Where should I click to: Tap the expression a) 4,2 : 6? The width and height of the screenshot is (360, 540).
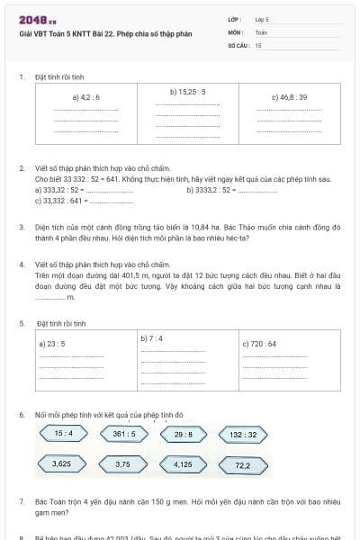86,96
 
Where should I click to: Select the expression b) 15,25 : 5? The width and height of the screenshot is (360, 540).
188,92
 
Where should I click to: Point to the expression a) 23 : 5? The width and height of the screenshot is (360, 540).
55,344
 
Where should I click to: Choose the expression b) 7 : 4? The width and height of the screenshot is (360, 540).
151,338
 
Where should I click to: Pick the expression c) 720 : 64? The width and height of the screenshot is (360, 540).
259,344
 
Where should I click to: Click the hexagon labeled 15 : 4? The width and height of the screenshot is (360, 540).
64,434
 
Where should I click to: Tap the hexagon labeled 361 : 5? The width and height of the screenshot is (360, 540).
124,434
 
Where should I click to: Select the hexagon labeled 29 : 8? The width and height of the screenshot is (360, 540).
184,434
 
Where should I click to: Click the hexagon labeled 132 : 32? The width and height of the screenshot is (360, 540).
243,434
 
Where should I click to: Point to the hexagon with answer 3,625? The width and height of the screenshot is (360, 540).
62,464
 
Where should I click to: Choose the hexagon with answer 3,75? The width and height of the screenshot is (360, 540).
123,464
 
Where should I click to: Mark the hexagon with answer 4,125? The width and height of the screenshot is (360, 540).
184,464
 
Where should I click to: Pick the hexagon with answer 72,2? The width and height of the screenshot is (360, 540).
243,465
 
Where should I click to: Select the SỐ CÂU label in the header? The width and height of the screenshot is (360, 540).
237,44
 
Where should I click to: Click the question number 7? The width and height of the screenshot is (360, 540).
22,499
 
